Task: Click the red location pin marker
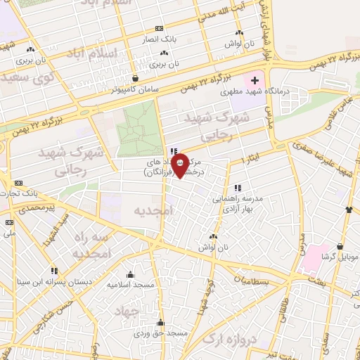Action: click(x=180, y=166)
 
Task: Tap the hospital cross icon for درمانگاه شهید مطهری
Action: click(x=254, y=82)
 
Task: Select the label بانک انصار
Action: click(x=160, y=39)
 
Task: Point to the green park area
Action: click(x=139, y=134)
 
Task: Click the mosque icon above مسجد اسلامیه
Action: click(x=131, y=275)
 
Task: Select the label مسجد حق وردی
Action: click(x=161, y=333)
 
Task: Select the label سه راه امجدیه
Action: click(x=92, y=244)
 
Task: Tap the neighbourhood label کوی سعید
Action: click(x=22, y=74)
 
